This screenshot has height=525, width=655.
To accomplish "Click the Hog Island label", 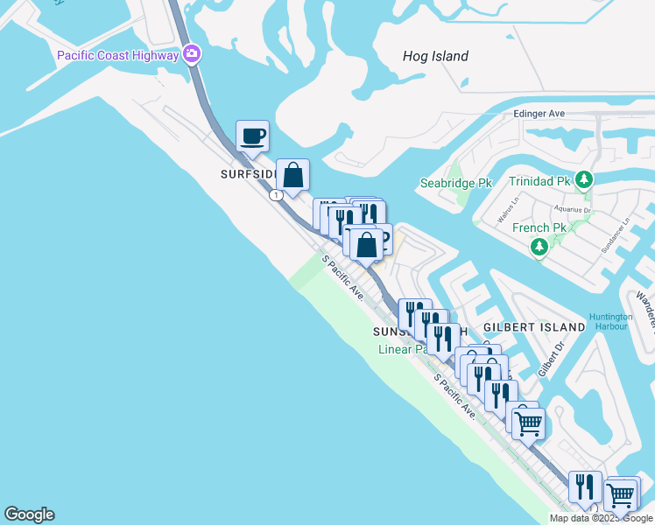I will click(x=435, y=56).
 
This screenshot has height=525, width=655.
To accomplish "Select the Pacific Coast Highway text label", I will click(x=117, y=55).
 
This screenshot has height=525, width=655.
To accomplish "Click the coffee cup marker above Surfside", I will click(x=252, y=136).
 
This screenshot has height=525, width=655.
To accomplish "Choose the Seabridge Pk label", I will click(x=455, y=183).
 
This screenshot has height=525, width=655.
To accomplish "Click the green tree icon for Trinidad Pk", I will click(x=585, y=180).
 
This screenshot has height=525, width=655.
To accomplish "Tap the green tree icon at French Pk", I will click(x=540, y=247).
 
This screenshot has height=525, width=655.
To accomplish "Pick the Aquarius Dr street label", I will click(x=574, y=210).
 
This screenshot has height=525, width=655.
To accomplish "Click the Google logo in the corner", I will click(x=29, y=514).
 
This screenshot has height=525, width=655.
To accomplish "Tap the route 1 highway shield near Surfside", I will click(x=277, y=195).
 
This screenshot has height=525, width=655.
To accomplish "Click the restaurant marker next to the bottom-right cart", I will click(x=585, y=487).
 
